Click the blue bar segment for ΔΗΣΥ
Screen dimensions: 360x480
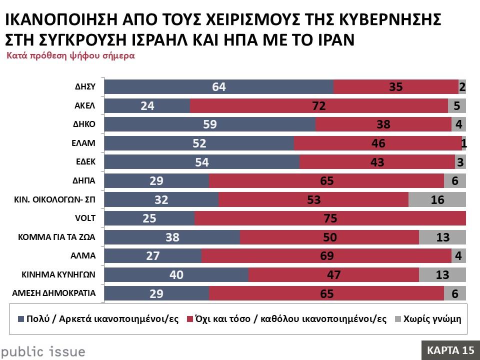click(x=218, y=87)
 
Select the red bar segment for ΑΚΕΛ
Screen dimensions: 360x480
click(x=318, y=105)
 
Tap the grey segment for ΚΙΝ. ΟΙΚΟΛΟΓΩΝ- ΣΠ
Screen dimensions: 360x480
click(x=437, y=199)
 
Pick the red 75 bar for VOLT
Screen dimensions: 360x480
click(x=330, y=218)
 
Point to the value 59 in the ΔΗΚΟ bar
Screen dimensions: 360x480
click(x=210, y=124)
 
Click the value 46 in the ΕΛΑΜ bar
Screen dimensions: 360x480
click(x=378, y=143)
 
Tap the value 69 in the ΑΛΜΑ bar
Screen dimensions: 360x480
click(x=326, y=256)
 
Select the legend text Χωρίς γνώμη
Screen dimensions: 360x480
click(x=432, y=319)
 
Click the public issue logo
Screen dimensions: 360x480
click(x=42, y=351)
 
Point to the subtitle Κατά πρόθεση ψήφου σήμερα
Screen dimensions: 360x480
click(x=70, y=56)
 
